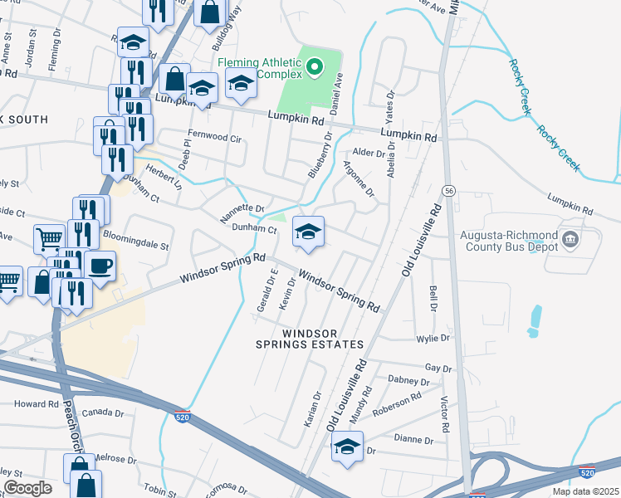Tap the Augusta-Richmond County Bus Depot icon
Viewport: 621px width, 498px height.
(570, 240)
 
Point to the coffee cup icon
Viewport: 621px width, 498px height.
(100, 266)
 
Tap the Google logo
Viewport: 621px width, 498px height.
(27, 488)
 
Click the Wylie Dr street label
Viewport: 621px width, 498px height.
(433, 339)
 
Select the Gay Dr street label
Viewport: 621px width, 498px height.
(438, 368)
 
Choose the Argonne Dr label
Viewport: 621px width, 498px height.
(359, 179)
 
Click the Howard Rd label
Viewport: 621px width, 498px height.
(36, 404)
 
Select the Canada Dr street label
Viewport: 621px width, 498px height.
(102, 413)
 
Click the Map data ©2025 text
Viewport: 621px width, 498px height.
(585, 491)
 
